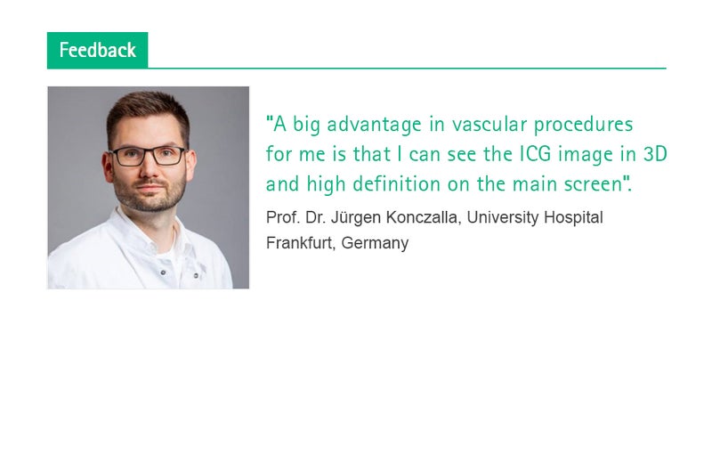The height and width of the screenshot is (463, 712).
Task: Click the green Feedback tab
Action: click(x=97, y=50)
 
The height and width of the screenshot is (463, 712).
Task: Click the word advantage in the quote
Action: click(x=374, y=125)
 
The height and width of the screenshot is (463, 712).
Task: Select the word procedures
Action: click(x=583, y=125)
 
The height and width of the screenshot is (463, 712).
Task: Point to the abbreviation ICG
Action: click(x=536, y=154)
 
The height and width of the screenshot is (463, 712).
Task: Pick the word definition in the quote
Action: click(x=396, y=184)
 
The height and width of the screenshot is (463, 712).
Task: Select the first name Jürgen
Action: click(x=355, y=218)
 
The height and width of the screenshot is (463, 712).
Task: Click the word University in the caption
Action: click(x=503, y=218)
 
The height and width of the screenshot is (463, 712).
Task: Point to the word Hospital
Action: click(x=573, y=218)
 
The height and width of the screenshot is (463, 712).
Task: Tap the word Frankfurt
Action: click(x=301, y=243)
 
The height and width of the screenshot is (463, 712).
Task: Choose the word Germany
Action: click(x=375, y=244)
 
